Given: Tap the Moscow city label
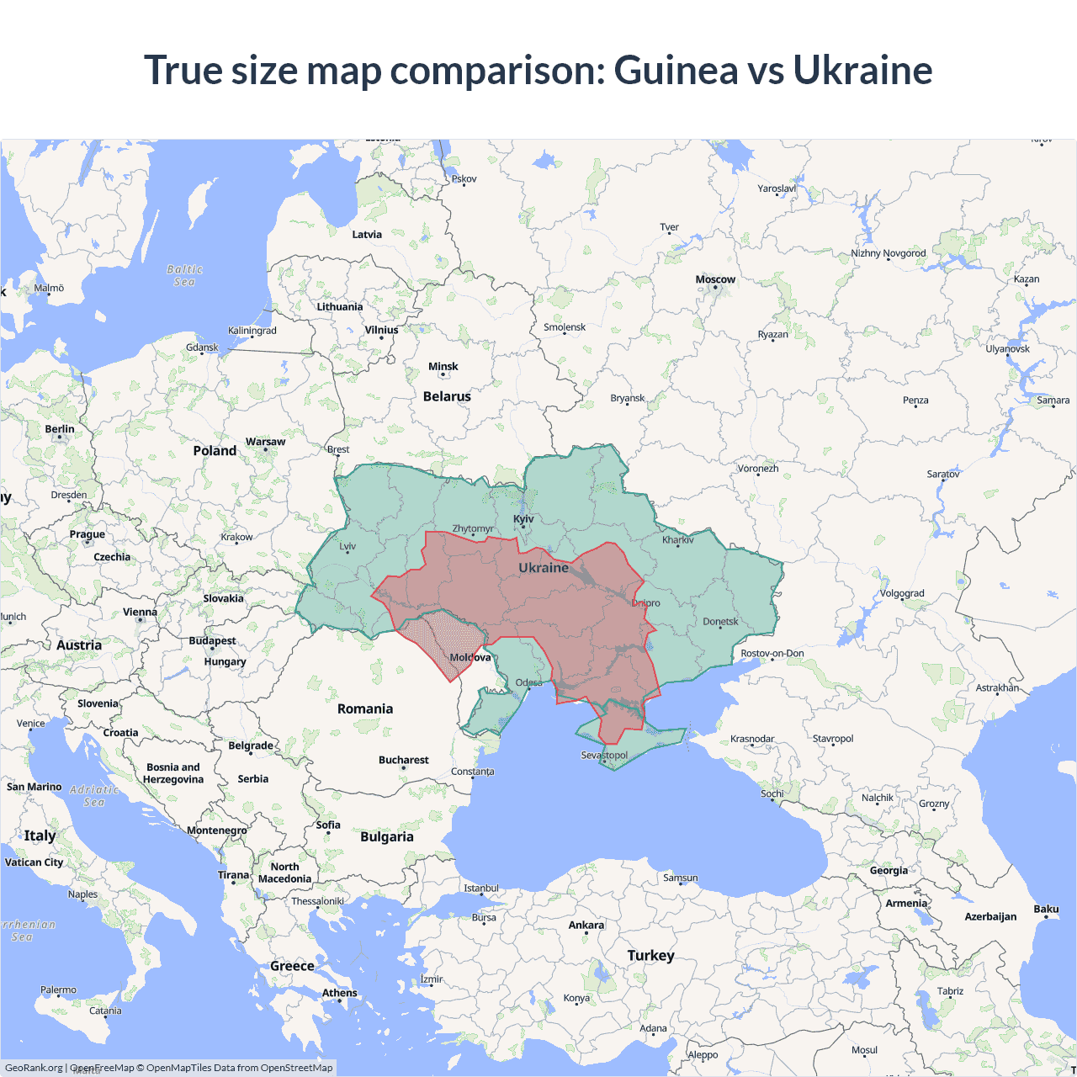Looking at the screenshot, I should (x=715, y=279).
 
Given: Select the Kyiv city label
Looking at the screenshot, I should (x=523, y=518).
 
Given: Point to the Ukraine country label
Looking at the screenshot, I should (x=544, y=568).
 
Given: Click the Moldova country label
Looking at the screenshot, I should (x=470, y=657).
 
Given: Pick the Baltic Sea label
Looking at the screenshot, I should (x=184, y=276).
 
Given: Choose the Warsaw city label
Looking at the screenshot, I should (x=265, y=442).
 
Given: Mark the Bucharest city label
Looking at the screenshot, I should (x=403, y=760).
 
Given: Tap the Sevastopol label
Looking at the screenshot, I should (x=604, y=755).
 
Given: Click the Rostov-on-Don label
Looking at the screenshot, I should (x=772, y=653).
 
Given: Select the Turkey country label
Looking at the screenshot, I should (x=650, y=955).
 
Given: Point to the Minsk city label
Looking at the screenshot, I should (x=443, y=366).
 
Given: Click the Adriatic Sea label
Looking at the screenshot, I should (x=94, y=796).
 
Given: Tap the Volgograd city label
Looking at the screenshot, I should (x=902, y=593).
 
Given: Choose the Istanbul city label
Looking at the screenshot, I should (x=481, y=888).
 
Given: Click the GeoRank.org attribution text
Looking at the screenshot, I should (x=34, y=1068).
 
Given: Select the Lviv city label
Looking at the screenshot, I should (x=348, y=546).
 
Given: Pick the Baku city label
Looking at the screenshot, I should (x=1046, y=909).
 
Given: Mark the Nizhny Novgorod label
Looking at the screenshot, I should (x=888, y=253).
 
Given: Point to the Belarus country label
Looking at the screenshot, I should (x=447, y=396).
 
